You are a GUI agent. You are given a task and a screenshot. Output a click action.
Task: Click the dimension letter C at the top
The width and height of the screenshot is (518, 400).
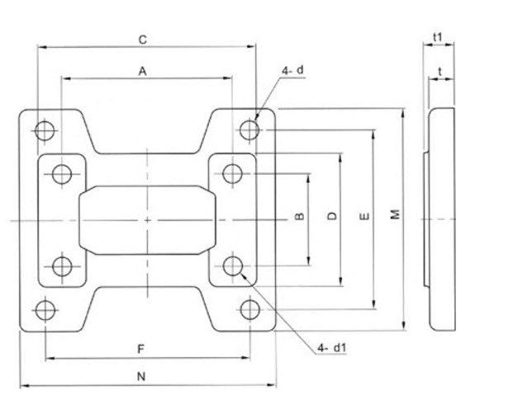click(143, 39)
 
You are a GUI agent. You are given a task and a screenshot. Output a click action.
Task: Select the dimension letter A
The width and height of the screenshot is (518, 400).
click(143, 72)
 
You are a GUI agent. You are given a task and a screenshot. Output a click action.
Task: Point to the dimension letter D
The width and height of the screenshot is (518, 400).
click(332, 216)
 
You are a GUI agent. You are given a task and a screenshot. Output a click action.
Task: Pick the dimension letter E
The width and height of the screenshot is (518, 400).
click(364, 216)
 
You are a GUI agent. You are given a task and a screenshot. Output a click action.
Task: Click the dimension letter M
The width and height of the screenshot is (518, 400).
click(396, 214)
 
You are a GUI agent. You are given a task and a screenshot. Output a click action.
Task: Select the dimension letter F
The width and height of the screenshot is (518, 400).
click(143, 349)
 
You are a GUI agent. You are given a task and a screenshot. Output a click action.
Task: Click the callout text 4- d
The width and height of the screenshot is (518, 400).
click(293, 71)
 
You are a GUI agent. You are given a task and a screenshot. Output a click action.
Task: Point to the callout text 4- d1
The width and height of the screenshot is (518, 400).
click(330, 348)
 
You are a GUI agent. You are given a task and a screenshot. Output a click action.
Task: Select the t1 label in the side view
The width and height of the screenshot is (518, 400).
click(439, 38)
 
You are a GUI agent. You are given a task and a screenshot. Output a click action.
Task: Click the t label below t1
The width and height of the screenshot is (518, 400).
click(443, 72)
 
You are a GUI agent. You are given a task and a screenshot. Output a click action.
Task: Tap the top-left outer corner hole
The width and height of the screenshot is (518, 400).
click(45, 129)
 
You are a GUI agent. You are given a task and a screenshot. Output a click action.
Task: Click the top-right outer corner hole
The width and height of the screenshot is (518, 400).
click(249, 129)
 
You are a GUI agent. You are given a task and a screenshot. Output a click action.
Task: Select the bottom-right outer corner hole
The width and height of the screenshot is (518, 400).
click(249, 309)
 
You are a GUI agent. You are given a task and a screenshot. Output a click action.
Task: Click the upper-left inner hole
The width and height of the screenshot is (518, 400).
click(62, 174)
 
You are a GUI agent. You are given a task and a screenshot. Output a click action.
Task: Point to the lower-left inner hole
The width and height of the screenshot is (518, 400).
click(62, 266)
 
